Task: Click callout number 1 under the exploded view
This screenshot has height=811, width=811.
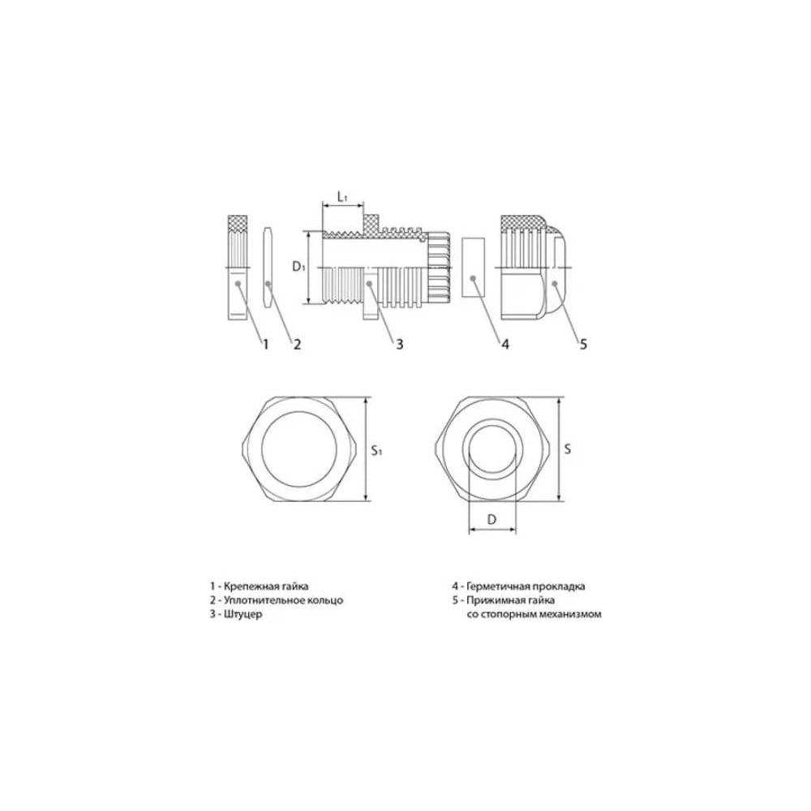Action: pyautogui.click(x=266, y=344)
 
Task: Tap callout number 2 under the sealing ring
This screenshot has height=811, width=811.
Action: pyautogui.click(x=297, y=344)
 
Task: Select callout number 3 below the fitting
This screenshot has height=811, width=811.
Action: pyautogui.click(x=399, y=344)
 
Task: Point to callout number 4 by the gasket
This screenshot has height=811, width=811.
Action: pyautogui.click(x=505, y=344)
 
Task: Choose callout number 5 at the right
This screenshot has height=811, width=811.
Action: pyautogui.click(x=583, y=344)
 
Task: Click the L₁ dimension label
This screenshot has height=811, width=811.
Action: pyautogui.click(x=342, y=196)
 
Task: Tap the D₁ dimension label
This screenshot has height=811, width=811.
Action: pyautogui.click(x=299, y=266)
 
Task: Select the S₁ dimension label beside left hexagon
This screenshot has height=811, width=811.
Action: pyautogui.click(x=376, y=450)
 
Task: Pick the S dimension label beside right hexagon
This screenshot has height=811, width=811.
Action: pyautogui.click(x=568, y=448)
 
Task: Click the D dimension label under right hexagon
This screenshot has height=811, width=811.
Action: pyautogui.click(x=492, y=519)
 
